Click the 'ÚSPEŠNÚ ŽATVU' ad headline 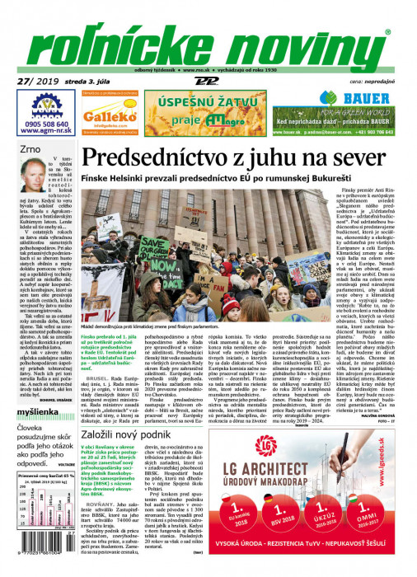tap(201, 103)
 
